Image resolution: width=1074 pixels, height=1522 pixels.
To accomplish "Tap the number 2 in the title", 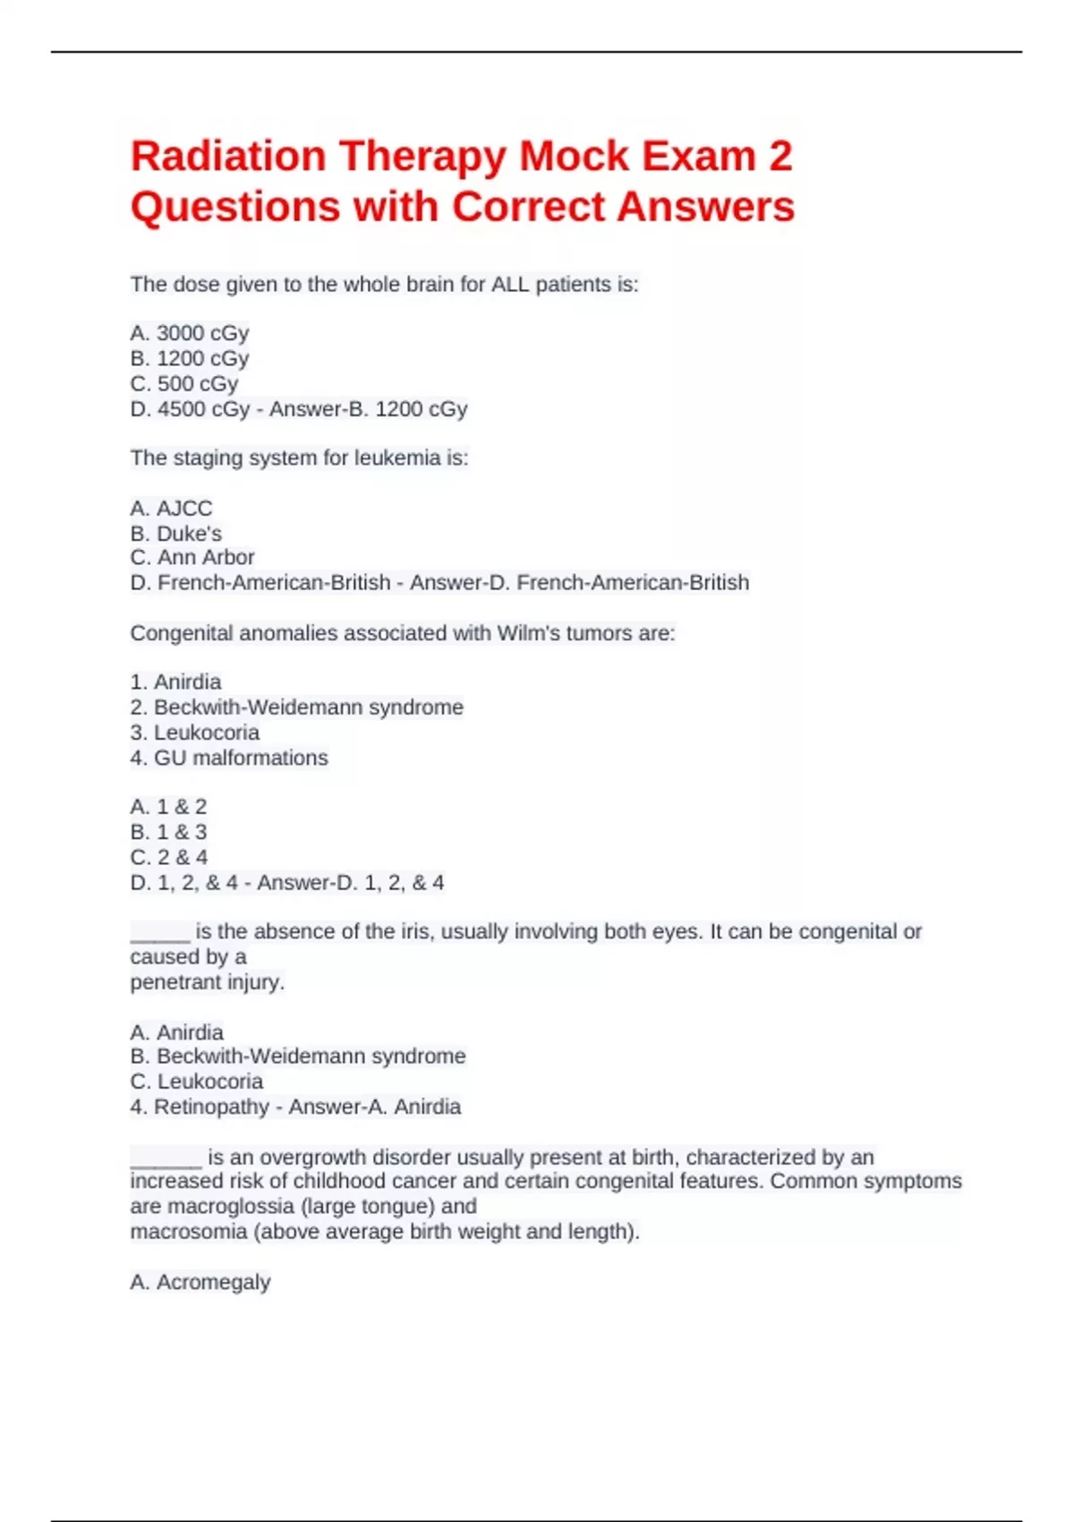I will click(780, 157).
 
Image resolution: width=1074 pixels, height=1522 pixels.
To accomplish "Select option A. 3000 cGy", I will click(189, 333).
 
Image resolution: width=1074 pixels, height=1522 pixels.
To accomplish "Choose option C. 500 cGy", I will click(183, 384).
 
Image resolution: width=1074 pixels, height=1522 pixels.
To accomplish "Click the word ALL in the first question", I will click(510, 285).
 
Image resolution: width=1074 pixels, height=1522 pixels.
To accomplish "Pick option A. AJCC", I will click(171, 509).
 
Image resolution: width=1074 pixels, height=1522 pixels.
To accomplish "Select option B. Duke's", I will click(175, 534).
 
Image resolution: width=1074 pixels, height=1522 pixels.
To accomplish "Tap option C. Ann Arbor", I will click(192, 558).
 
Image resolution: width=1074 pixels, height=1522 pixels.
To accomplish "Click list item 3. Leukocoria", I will click(194, 732).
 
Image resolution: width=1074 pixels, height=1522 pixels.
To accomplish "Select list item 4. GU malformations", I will click(228, 758).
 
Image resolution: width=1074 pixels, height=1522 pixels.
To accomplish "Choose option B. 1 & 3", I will click(168, 832).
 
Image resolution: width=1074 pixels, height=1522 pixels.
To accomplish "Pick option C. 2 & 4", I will click(168, 858).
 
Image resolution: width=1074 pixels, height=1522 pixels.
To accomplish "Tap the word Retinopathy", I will click(211, 1107).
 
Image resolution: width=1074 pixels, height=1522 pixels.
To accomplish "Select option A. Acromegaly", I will click(200, 1282).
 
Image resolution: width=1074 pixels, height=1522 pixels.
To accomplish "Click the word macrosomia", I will click(188, 1232).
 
